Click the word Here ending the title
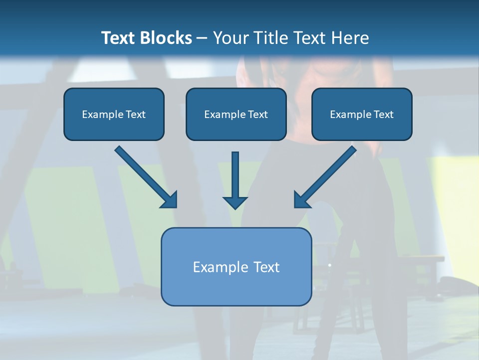[351, 38]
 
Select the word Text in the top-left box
[136, 114]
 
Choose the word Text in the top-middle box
[258, 114]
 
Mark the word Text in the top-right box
[384, 114]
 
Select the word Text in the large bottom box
[267, 267]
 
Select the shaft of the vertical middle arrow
[235, 172]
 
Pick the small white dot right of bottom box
[330, 265]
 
